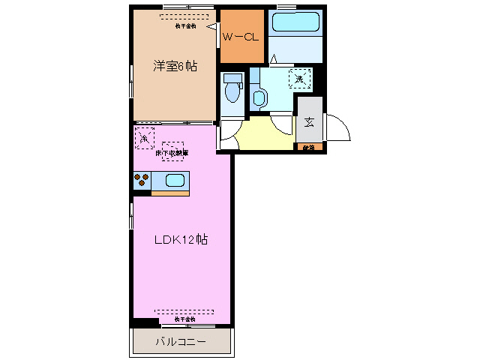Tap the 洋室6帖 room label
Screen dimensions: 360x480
coord(175,66)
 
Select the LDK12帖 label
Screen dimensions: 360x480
coord(180,240)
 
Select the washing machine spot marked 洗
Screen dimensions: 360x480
coord(300,78)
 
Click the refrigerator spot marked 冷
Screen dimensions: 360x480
coord(145,138)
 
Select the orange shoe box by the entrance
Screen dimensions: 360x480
coord(309,147)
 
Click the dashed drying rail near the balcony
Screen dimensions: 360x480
coord(184,310)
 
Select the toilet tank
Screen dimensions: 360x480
coord(232,78)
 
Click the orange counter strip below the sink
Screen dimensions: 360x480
coord(170,193)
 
